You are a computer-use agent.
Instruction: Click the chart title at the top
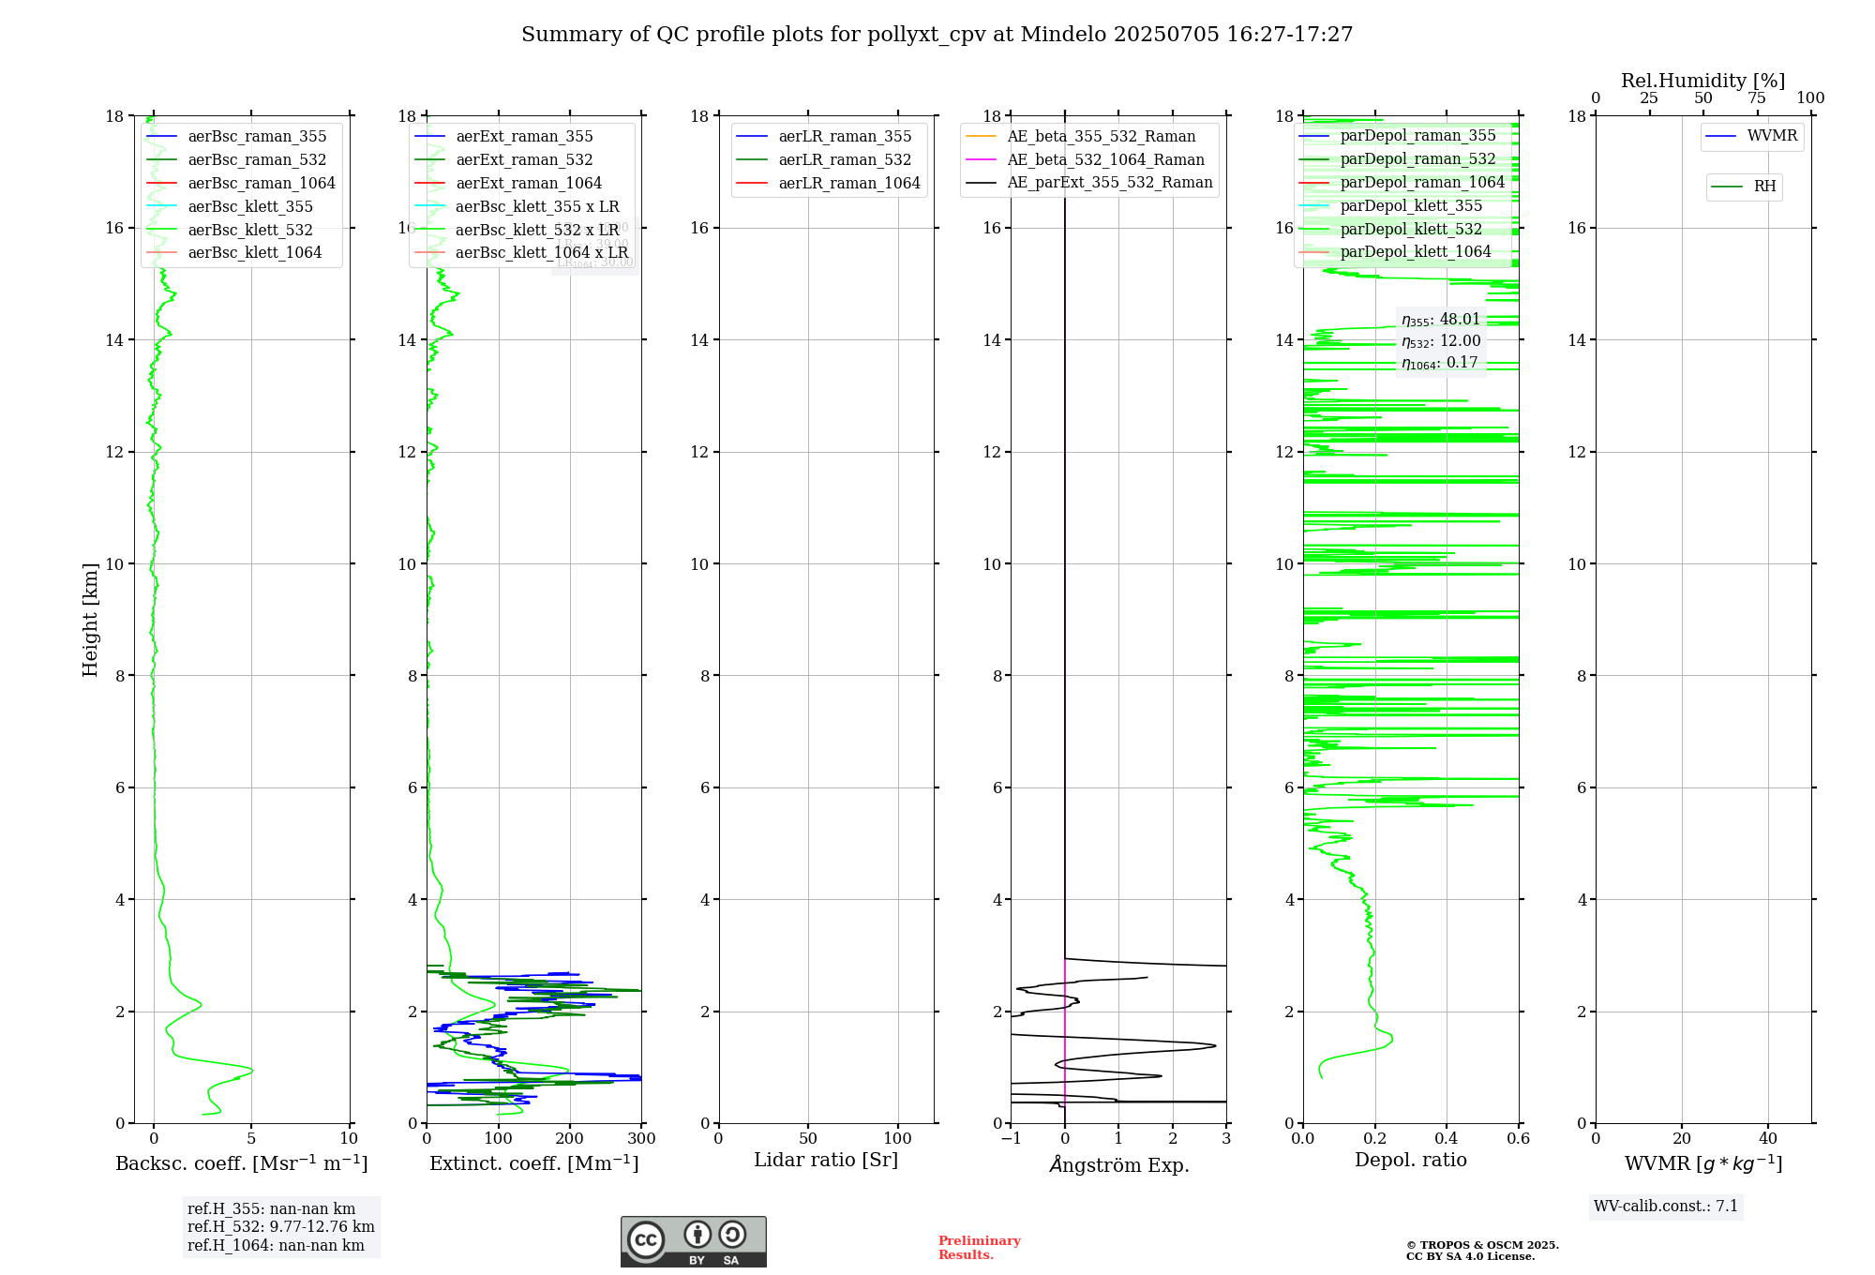[937, 35]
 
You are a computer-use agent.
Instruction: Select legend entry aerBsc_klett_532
[249, 230]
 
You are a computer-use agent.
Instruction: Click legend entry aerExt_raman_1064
[529, 183]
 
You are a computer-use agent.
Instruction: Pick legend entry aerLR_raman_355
[845, 136]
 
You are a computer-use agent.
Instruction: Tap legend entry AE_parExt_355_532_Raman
[1110, 182]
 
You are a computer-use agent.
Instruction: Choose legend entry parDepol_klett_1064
[1415, 251]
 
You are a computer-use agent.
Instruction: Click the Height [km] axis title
[90, 620]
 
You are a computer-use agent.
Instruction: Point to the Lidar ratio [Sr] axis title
[826, 1160]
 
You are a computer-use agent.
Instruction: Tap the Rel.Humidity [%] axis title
[1702, 81]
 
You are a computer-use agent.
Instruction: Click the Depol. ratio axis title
[1410, 1160]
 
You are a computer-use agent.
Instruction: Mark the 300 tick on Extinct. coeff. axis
[641, 1139]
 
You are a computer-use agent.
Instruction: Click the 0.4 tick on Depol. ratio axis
[1447, 1139]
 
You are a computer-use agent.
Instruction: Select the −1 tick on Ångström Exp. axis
[1011, 1139]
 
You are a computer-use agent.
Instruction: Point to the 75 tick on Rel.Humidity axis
[1756, 98]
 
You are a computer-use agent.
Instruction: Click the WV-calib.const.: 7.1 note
[1665, 1207]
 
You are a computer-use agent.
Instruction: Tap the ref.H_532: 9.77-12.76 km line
[280, 1227]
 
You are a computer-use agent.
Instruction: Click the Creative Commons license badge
[693, 1241]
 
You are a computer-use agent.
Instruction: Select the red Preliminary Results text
[979, 1248]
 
